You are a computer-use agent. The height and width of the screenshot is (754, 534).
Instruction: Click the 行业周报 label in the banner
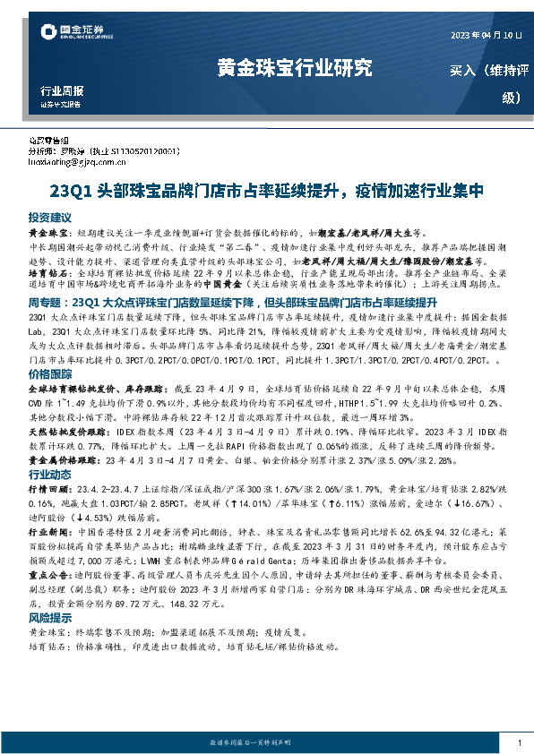(x=63, y=91)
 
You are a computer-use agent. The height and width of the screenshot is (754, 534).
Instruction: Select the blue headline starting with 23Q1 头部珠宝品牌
(x=266, y=191)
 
